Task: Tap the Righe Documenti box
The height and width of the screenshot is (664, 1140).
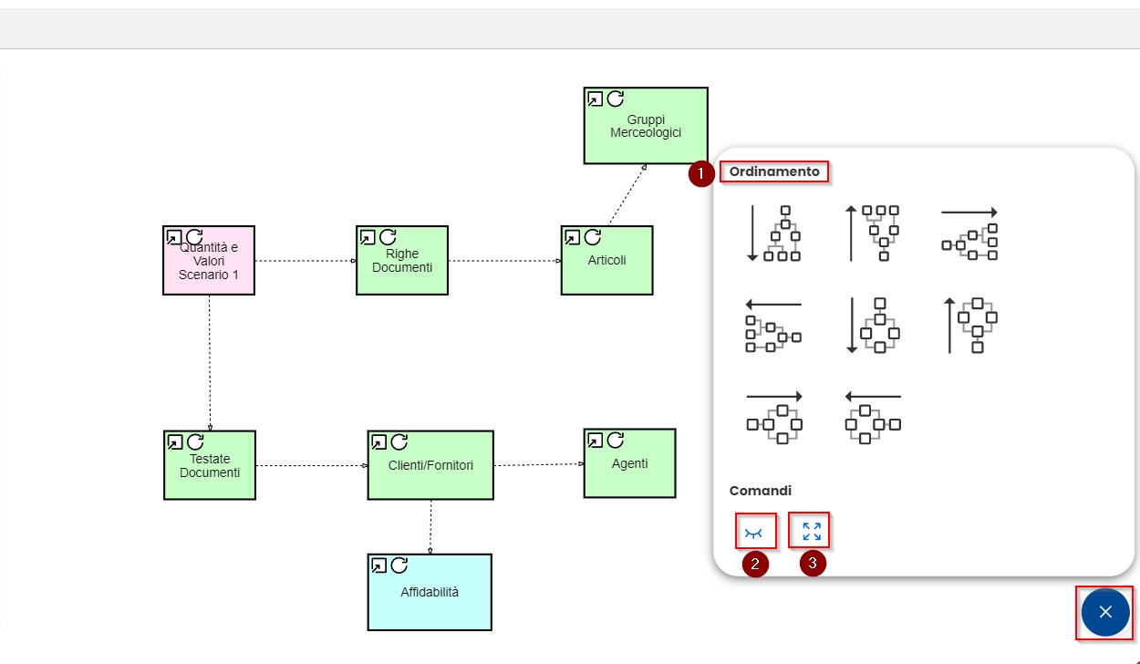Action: [x=402, y=266]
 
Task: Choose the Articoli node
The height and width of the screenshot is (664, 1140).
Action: [x=606, y=266]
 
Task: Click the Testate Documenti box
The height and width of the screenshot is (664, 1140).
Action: [x=210, y=471]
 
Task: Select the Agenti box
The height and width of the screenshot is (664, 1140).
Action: [x=630, y=469]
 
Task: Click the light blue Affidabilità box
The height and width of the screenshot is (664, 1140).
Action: [x=430, y=597]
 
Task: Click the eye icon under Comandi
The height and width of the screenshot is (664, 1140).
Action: [x=755, y=532]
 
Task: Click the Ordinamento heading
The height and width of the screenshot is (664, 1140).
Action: [x=774, y=171]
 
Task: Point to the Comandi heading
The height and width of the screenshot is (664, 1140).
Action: [x=761, y=491]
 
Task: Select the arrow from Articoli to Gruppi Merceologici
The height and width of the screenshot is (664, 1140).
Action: [x=627, y=195]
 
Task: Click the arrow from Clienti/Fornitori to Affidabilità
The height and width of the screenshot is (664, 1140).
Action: [x=430, y=527]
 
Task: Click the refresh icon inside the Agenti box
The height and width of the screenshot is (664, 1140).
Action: [x=615, y=441]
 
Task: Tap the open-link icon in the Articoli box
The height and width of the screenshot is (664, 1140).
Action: [x=572, y=237]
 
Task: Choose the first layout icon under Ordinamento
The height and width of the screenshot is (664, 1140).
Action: [x=776, y=233]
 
